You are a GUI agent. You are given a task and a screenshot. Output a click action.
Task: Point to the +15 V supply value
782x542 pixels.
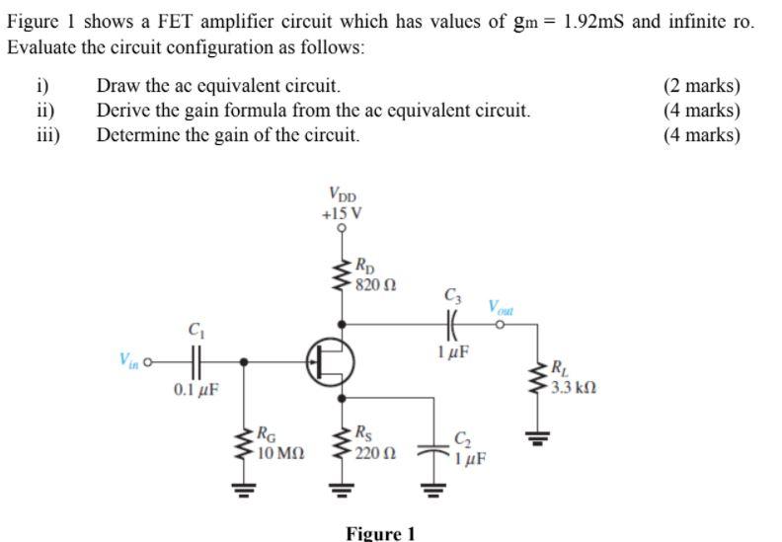click(x=342, y=212)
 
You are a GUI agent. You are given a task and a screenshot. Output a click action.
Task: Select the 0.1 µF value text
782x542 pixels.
click(x=195, y=390)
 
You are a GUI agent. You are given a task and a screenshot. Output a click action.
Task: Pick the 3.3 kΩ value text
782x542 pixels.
click(x=573, y=388)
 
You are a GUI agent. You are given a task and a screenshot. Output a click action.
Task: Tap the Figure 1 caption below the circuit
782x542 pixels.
click(x=380, y=533)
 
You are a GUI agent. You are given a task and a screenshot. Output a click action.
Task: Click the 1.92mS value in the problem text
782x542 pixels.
click(x=595, y=22)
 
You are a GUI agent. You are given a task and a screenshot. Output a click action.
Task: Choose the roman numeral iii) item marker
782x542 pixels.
click(x=47, y=135)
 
